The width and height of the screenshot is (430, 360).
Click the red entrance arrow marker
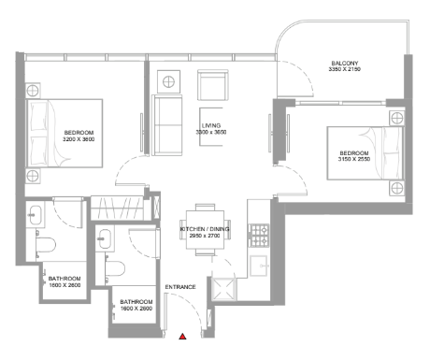(x=182, y=336)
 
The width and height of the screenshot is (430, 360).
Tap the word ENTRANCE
(x=180, y=287)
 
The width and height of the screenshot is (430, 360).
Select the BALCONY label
(x=345, y=64)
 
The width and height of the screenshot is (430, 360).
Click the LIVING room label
(x=211, y=125)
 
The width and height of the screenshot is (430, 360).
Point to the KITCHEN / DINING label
(x=205, y=229)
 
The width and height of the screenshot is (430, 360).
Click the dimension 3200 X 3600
(x=79, y=139)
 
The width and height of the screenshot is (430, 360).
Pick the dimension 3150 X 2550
(x=354, y=159)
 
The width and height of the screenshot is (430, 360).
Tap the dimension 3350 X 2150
(x=345, y=69)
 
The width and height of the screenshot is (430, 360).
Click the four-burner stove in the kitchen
(x=259, y=236)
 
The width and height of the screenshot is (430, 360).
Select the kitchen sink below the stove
(x=259, y=266)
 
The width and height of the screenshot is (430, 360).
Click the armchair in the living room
(x=213, y=85)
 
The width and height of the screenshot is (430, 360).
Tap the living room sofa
(x=167, y=125)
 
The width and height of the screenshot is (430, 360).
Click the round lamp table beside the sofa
(x=168, y=81)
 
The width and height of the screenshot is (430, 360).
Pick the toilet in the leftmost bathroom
(x=46, y=244)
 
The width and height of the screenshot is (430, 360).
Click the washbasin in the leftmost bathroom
(x=36, y=214)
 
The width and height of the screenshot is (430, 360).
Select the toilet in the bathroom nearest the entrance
(x=115, y=268)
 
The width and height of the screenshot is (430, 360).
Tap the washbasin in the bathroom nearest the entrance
(x=105, y=238)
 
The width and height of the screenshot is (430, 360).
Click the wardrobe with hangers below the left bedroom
(x=117, y=209)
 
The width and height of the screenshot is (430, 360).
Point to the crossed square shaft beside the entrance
(x=224, y=289)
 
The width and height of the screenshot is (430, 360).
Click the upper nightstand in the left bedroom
(x=33, y=91)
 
